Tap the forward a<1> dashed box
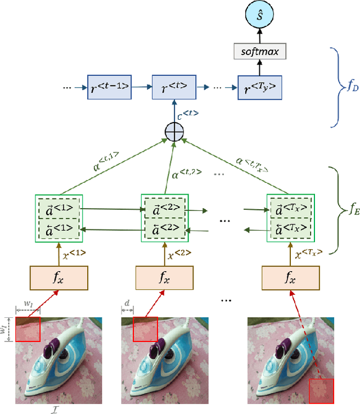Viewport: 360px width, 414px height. (59, 208)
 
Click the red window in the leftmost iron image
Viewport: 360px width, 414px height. (28, 330)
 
